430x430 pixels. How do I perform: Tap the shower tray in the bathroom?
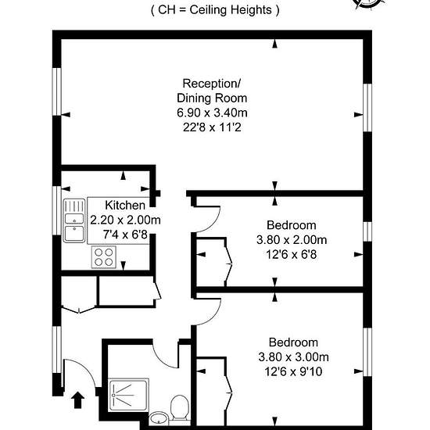click(129, 395)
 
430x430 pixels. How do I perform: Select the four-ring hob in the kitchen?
click(104, 257)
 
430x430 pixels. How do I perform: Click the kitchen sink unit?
click(74, 220)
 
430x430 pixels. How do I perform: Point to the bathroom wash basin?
click(159, 418)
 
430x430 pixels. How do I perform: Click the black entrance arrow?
click(78, 400)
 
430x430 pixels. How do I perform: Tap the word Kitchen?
click(125, 205)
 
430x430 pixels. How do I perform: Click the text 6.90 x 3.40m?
click(212, 113)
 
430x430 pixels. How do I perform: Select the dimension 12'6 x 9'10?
click(293, 372)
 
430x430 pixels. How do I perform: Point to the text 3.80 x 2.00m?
click(292, 240)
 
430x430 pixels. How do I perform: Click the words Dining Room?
click(212, 99)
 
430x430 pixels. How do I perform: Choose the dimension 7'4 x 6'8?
click(125, 235)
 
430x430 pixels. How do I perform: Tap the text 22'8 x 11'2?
click(212, 127)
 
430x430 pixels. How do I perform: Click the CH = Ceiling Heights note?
click(215, 10)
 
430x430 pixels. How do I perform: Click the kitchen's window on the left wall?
click(57, 210)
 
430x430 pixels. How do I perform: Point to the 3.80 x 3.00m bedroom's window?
click(367, 352)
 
